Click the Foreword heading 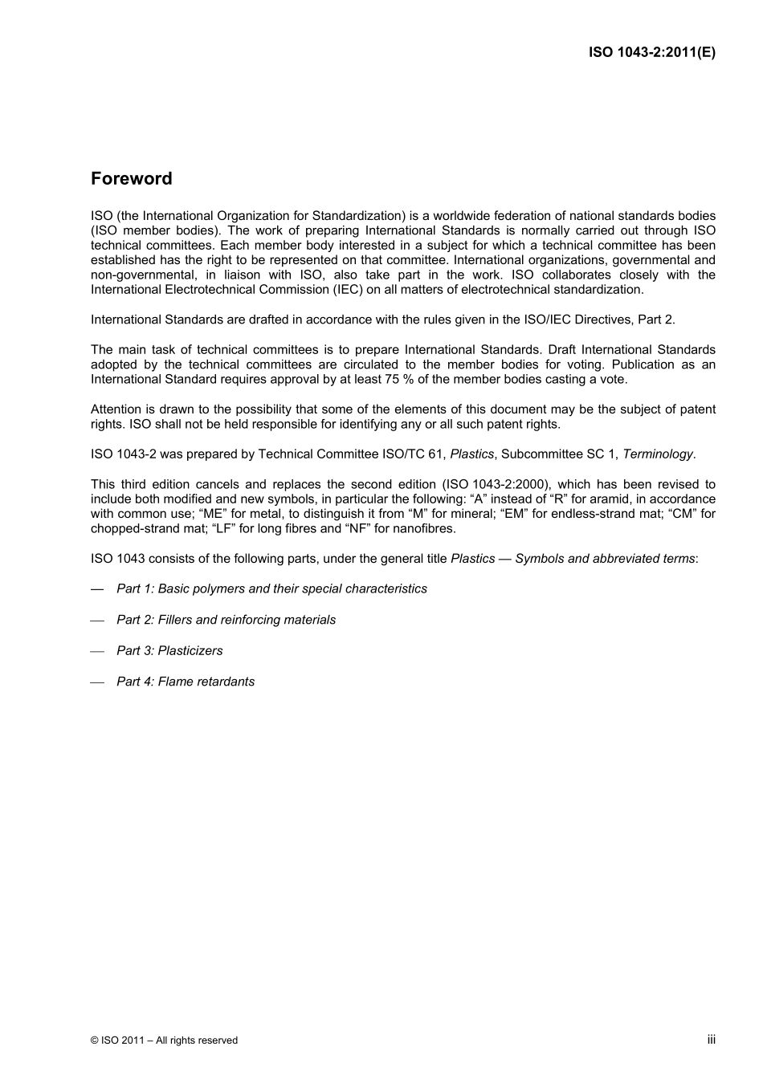(x=131, y=178)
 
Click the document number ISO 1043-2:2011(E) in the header (x=651, y=52)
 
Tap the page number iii (x=711, y=1039)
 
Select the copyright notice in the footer (x=164, y=1040)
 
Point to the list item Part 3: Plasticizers (x=169, y=650)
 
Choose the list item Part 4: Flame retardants (x=186, y=682)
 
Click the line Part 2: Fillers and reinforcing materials (x=226, y=620)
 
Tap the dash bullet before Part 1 (x=97, y=589)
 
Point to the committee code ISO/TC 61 (x=411, y=454)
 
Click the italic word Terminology (x=658, y=454)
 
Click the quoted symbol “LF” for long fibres (x=224, y=528)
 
